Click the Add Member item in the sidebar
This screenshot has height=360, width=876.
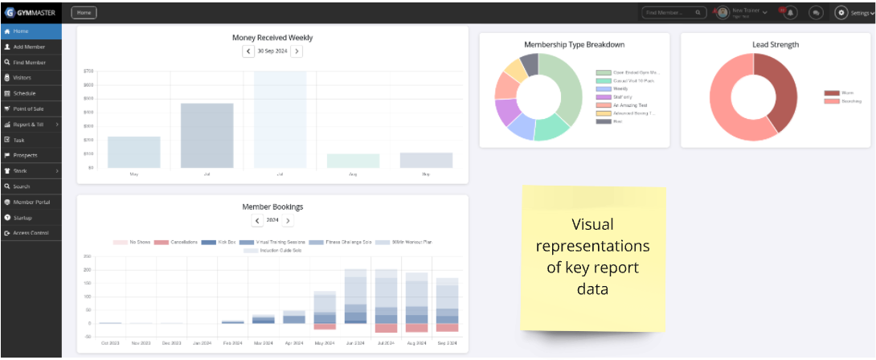29,47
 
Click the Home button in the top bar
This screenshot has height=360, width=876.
84,13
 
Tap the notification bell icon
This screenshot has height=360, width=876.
792,13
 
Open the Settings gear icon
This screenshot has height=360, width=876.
841,13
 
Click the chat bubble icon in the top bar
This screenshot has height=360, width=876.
816,13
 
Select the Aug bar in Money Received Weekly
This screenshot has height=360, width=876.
353,161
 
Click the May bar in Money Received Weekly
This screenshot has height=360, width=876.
133,153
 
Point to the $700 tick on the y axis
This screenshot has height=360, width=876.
88,71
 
